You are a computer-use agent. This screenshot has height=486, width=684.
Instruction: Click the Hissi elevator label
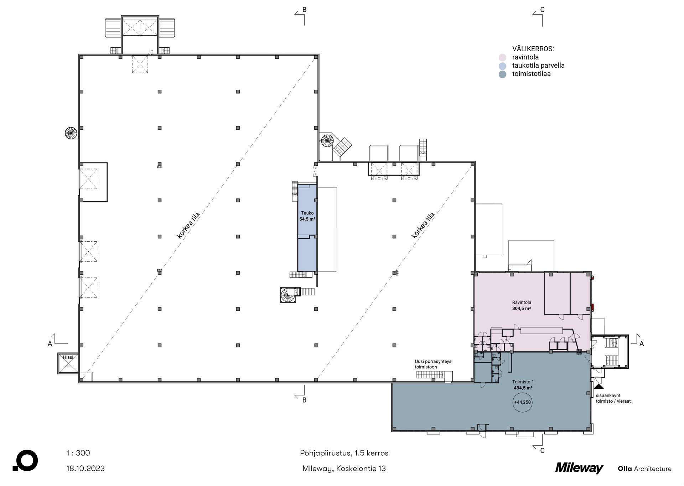tap(68, 357)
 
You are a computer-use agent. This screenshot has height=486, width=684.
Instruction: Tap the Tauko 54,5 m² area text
tap(307, 216)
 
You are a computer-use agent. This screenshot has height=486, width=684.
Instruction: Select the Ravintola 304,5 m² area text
tap(522, 306)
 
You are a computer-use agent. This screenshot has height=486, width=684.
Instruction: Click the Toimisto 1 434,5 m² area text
tap(523, 385)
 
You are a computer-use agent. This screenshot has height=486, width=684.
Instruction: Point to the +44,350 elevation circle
tap(522, 402)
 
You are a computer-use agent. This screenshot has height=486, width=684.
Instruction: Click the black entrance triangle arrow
tap(598, 386)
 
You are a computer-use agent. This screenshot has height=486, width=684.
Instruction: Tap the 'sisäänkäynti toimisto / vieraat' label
tap(613, 398)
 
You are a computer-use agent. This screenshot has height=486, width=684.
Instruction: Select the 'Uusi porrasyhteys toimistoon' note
tap(433, 364)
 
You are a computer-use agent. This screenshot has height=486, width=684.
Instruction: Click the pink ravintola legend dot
tap(502, 57)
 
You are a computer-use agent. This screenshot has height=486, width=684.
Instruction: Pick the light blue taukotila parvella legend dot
tap(502, 66)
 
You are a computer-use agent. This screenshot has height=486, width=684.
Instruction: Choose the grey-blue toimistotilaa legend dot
tap(502, 74)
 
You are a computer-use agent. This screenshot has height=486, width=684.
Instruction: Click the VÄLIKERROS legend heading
tap(533, 49)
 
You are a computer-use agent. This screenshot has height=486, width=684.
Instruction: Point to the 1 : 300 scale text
tap(78, 453)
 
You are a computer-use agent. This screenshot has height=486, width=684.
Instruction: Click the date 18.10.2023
tap(85, 469)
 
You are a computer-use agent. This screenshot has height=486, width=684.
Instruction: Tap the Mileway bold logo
tap(579, 468)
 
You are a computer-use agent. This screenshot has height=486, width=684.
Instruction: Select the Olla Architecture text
tap(644, 469)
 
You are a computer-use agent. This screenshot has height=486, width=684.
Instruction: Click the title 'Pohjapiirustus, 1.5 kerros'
tap(344, 453)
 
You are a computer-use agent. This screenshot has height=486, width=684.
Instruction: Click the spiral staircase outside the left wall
tap(71, 133)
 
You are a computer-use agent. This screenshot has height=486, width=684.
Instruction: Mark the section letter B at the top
tap(304, 10)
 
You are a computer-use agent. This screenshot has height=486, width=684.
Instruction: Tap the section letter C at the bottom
tap(542, 451)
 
